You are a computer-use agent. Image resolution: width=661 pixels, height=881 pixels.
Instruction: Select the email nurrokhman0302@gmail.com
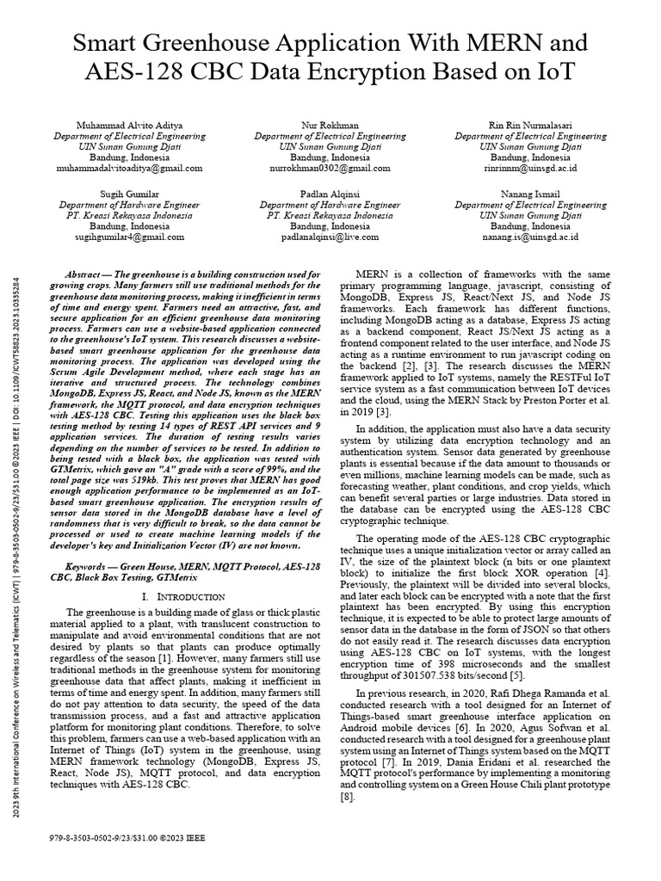pyautogui.click(x=330, y=169)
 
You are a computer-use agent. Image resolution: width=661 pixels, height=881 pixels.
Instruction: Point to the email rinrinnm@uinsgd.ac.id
pyautogui.click(x=530, y=169)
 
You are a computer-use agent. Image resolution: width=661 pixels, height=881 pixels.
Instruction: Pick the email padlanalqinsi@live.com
pyautogui.click(x=330, y=236)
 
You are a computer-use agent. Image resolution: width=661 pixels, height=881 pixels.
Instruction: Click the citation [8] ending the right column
pyautogui.click(x=345, y=798)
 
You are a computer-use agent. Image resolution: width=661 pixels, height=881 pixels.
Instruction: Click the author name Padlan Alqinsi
pyautogui.click(x=330, y=195)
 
